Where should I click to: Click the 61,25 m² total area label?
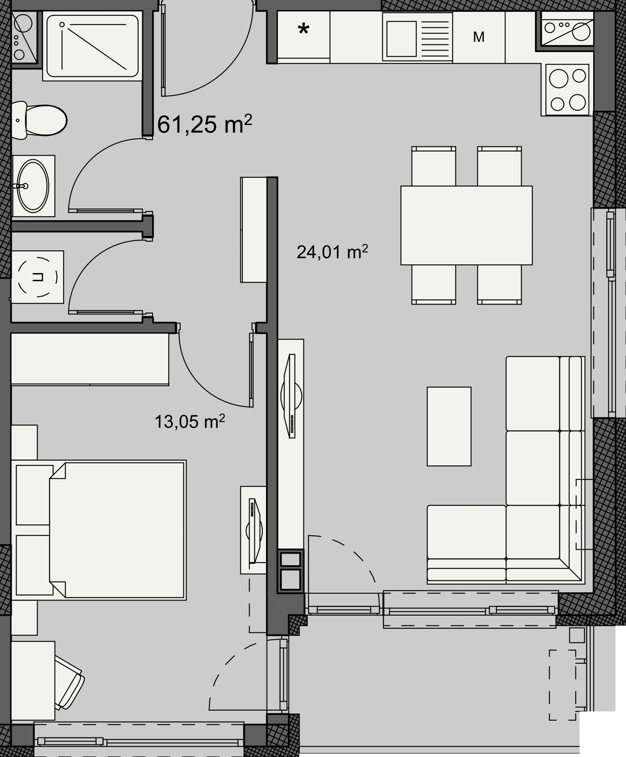(204, 124)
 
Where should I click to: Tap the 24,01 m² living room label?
(332, 252)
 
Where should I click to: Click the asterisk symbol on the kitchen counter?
(304, 29)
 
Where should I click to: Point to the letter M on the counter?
(479, 37)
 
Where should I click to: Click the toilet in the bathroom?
(39, 120)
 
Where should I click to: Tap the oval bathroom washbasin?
(33, 186)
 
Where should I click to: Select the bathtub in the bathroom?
(92, 46)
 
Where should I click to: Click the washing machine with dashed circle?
(38, 277)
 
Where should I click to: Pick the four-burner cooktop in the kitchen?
(567, 90)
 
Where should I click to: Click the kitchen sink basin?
(401, 38)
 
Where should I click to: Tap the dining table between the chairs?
(466, 226)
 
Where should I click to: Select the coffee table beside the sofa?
(449, 427)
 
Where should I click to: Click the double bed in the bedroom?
(117, 530)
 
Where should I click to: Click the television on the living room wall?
(291, 396)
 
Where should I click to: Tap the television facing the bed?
(254, 531)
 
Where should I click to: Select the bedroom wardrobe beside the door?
(90, 359)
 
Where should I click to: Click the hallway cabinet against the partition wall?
(254, 230)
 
